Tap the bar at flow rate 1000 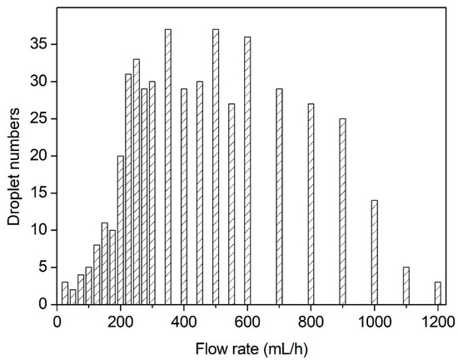tap(374, 252)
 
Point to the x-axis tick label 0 tap(57, 319)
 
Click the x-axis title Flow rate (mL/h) tap(246, 343)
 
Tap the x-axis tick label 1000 tap(374, 319)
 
